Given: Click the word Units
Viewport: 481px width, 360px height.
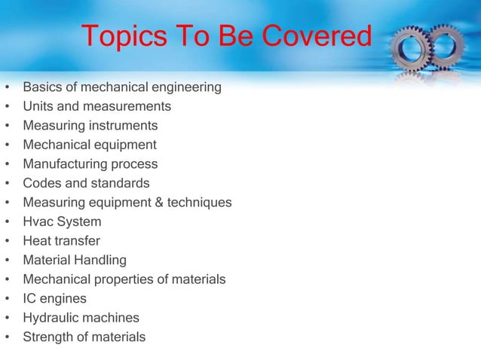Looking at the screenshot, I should (x=38, y=106).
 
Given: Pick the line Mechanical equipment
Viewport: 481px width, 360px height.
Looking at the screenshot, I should (x=90, y=145).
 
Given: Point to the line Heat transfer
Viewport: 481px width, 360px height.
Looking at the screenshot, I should (x=61, y=241).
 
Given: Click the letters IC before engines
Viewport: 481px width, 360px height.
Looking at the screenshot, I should (x=30, y=299).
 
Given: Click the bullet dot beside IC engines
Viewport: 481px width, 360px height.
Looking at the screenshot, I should (x=8, y=299).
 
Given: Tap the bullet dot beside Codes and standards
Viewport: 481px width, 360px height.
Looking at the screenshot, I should (x=8, y=184).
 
